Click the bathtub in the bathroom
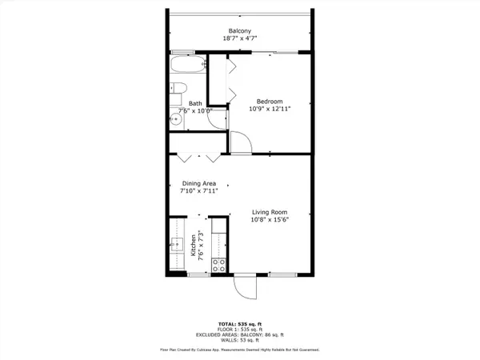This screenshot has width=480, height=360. (x=187, y=66)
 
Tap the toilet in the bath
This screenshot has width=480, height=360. (x=178, y=89)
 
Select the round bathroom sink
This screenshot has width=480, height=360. (x=175, y=119)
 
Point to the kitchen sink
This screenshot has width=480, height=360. (x=178, y=244)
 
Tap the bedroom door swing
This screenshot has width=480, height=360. (x=241, y=144)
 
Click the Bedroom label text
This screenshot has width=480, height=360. (x=269, y=101)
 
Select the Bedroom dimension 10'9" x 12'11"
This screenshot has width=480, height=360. (x=269, y=110)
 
